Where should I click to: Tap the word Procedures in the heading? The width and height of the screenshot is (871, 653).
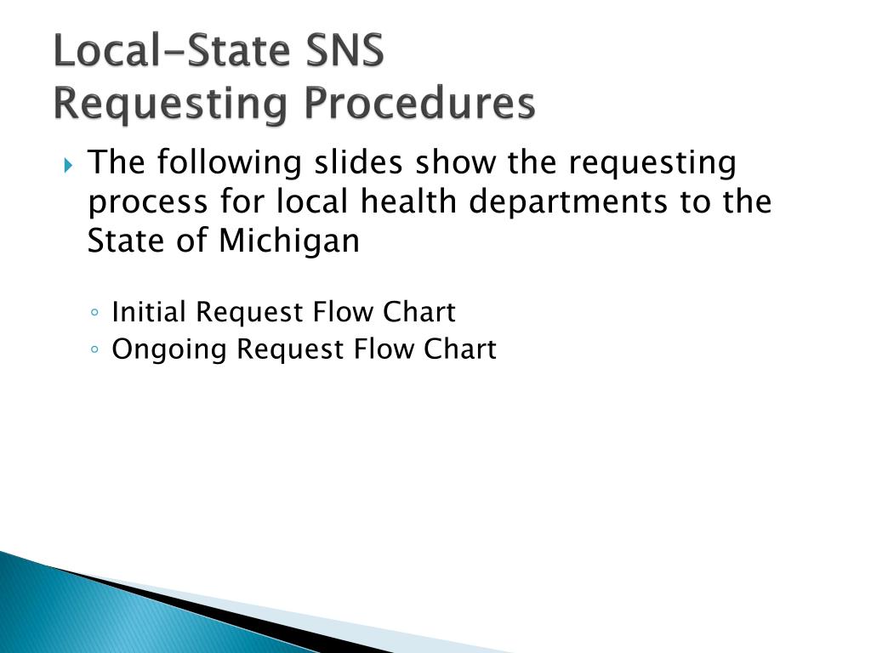click(x=421, y=104)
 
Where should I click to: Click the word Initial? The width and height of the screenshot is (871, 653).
click(x=150, y=312)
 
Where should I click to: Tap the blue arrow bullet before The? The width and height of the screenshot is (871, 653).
click(x=69, y=163)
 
